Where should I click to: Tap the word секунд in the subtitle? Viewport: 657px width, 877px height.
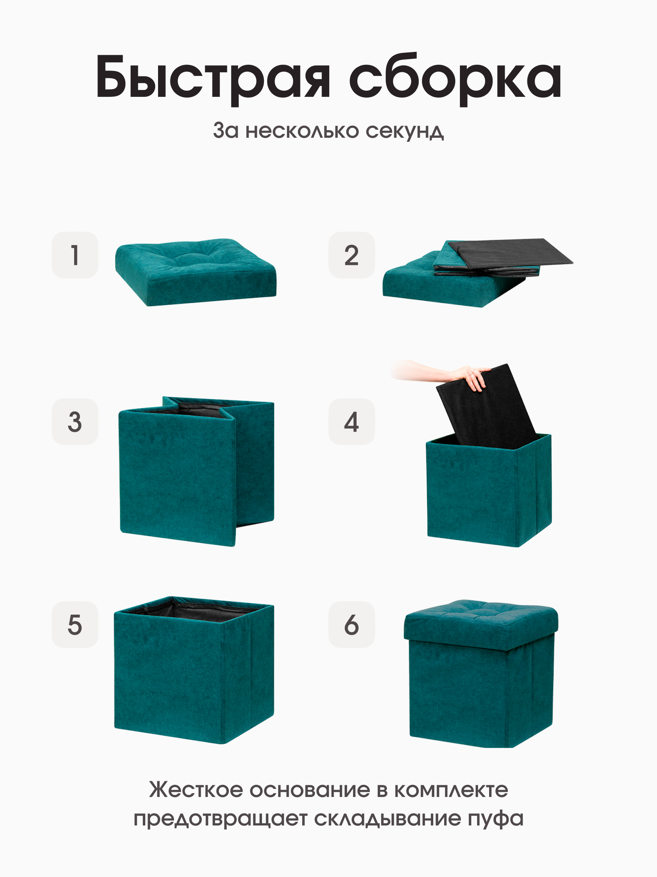[x=404, y=131]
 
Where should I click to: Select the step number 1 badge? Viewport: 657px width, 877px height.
[x=75, y=255]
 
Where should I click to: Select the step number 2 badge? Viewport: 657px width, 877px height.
[x=351, y=255]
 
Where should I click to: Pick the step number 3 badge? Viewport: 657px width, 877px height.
[x=75, y=421]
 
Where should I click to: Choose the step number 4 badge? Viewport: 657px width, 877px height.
[x=351, y=421]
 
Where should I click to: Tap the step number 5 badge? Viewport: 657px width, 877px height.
[x=75, y=624]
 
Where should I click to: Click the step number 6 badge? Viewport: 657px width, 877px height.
[x=351, y=624]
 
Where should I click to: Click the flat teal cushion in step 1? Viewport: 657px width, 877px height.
[x=196, y=272]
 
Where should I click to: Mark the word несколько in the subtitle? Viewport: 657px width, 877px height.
[x=302, y=131]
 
